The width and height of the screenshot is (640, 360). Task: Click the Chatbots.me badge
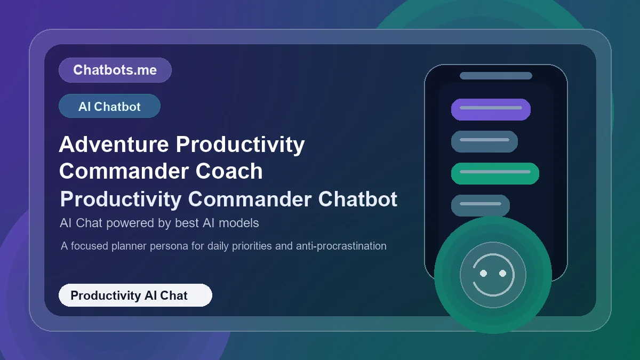point(115,70)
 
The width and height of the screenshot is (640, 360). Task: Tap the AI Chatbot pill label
point(109,107)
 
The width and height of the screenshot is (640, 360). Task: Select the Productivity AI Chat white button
point(135,295)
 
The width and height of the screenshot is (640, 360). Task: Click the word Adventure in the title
point(114,145)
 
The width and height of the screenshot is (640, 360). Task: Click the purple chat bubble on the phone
point(491,109)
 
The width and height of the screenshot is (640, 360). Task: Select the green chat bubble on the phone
point(495,173)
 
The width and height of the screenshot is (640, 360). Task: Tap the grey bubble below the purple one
point(484,141)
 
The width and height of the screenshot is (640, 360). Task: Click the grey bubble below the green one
point(481,205)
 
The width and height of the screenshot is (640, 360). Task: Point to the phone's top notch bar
point(495,76)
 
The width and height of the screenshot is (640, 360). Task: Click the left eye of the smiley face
point(483,273)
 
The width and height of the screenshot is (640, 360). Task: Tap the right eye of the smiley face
point(502,273)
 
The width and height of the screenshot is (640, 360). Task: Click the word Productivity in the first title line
point(240,145)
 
